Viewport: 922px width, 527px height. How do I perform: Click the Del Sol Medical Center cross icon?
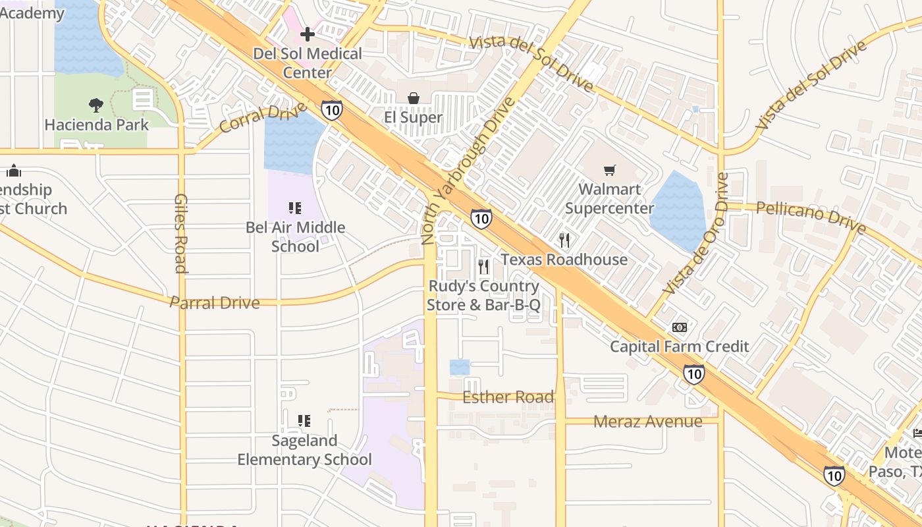(307, 34)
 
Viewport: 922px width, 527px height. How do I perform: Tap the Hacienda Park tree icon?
(96, 105)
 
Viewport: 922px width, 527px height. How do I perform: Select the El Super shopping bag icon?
(413, 98)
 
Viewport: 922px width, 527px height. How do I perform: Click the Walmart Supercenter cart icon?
(610, 170)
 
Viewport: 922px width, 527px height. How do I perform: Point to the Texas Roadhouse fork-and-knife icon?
(564, 240)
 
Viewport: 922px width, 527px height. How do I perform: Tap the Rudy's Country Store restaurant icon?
(483, 267)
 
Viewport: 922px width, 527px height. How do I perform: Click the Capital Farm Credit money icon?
(679, 327)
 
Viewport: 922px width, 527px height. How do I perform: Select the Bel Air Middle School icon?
(295, 208)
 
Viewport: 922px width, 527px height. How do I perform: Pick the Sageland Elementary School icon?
(304, 420)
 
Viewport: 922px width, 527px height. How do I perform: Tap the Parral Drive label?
(215, 303)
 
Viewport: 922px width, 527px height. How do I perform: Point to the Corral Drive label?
(263, 117)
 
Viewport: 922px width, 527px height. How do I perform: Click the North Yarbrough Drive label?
(467, 171)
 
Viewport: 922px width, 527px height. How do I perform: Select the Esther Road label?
(508, 397)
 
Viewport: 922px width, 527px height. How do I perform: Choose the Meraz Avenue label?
(647, 422)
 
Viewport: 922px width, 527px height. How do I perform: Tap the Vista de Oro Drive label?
(697, 234)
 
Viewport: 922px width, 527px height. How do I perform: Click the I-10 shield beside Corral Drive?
(332, 109)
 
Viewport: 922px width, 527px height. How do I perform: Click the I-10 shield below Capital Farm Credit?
(693, 374)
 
